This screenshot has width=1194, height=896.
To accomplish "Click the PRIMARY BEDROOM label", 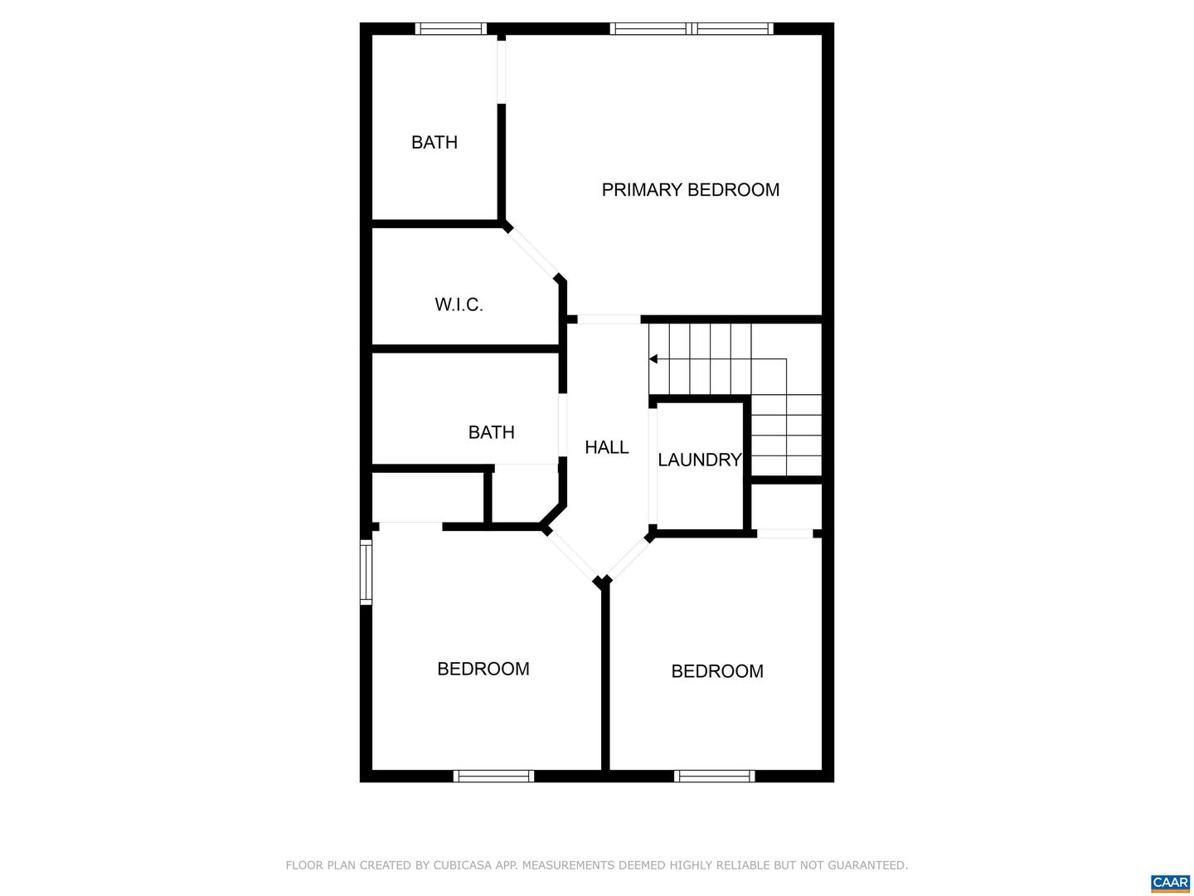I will point(690,190).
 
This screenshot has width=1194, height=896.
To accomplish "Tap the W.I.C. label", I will point(459,304).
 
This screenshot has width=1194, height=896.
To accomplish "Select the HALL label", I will point(606,447).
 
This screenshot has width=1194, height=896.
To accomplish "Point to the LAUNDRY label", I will point(699,460).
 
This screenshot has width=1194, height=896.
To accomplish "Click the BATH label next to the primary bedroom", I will point(434,143).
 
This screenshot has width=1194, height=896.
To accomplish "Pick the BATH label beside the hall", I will point(491,432).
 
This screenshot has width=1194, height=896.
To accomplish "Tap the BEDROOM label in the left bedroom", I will point(483,669).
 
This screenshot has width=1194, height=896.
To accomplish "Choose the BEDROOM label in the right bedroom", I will point(716,671).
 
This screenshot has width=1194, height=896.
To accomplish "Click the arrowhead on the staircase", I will point(653,359).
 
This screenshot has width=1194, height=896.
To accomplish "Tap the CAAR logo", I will point(1170,883).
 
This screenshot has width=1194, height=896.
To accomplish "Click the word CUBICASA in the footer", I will point(463,865).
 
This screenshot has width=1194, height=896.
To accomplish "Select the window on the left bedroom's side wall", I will point(366,572).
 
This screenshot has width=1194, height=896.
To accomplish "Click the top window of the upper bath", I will point(450,29).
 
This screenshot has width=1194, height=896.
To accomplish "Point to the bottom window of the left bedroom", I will point(493,777).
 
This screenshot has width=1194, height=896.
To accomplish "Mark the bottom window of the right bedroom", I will point(714,777).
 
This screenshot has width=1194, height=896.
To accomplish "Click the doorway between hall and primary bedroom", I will point(609,319).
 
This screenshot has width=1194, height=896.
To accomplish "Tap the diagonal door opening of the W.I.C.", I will point(532,252).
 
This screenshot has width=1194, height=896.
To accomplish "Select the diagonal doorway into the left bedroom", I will point(571,555).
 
